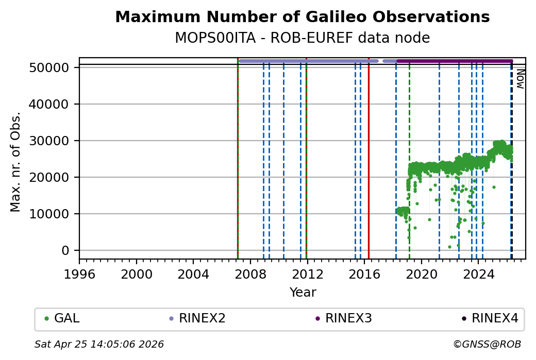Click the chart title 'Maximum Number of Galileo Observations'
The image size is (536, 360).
pyautogui.click(x=302, y=17)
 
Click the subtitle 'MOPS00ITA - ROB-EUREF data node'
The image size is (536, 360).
pyautogui.click(x=302, y=38)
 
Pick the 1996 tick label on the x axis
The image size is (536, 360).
pyautogui.click(x=79, y=273)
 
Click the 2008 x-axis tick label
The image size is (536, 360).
pyautogui.click(x=250, y=273)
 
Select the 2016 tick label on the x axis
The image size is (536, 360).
pyautogui.click(x=364, y=273)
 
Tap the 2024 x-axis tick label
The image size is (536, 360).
pyautogui.click(x=478, y=273)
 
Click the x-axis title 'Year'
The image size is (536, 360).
pyautogui.click(x=303, y=293)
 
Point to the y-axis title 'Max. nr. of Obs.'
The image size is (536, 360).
pyautogui.click(x=15, y=162)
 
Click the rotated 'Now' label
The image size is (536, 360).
pyautogui.click(x=521, y=79)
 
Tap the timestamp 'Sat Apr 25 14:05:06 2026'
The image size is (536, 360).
pyautogui.click(x=99, y=344)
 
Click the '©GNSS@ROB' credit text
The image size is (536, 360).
pyautogui.click(x=487, y=344)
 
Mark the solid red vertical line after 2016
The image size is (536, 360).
pyautogui.click(x=368, y=155)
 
